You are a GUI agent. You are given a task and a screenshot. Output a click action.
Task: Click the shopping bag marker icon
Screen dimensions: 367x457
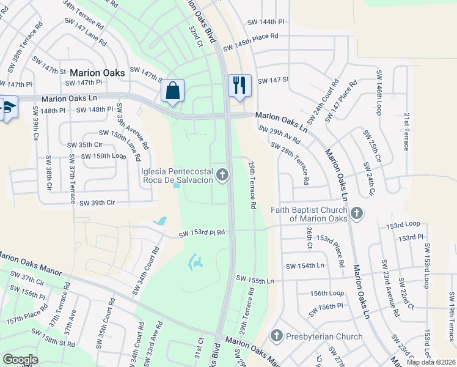(173, 91)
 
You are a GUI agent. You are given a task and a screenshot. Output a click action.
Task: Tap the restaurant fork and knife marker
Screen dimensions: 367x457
(239, 85)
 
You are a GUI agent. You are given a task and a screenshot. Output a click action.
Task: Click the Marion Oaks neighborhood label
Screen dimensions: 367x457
(97, 73)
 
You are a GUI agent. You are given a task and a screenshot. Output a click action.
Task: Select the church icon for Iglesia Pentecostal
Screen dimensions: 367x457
(222, 176)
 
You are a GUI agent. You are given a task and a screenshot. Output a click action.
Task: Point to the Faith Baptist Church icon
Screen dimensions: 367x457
(357, 213)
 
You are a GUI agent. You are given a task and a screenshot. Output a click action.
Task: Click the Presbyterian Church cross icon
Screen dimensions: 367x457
(276, 336)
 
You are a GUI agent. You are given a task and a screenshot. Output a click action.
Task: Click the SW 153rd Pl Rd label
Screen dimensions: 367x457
(202, 232)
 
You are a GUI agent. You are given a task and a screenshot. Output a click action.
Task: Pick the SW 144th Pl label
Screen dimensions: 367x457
(266, 22)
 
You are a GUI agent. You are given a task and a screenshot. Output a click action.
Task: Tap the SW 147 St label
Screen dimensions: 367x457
(272, 81)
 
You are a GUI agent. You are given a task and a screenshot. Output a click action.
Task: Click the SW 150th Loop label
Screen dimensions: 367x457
(103, 156)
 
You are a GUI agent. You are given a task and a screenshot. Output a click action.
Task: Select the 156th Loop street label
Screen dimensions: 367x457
(327, 294)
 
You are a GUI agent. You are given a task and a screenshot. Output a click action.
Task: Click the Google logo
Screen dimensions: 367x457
(20, 360)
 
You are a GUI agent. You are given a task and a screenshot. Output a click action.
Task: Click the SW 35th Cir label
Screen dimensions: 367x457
(84, 145)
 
